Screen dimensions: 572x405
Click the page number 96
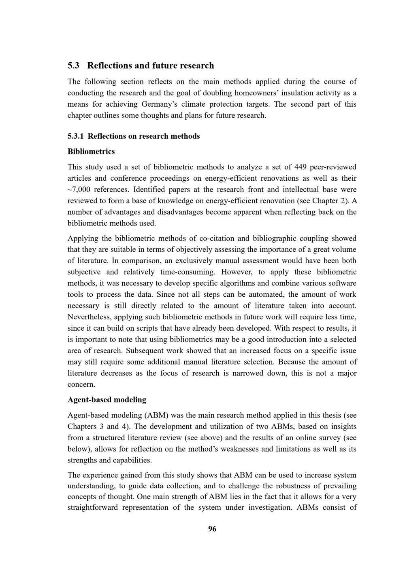click(x=212, y=529)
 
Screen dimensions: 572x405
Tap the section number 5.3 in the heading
click(x=73, y=65)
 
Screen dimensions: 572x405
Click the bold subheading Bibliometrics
click(x=91, y=152)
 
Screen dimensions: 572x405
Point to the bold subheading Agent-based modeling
click(x=107, y=400)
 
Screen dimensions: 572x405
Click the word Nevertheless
click(x=89, y=317)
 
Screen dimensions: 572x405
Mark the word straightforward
click(x=93, y=508)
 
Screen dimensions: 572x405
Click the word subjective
click(x=84, y=272)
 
